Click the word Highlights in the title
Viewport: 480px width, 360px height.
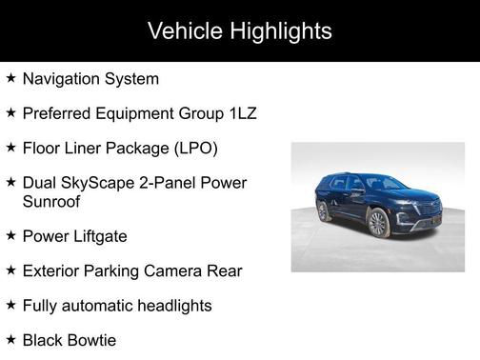click(278, 31)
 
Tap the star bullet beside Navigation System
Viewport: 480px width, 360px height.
click(10, 78)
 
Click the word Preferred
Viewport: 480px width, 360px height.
click(59, 114)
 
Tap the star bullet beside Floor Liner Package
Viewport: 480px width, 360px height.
click(10, 148)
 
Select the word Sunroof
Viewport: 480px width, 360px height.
click(53, 201)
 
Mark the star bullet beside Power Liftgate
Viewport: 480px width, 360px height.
click(10, 235)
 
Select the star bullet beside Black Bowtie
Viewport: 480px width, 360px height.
click(10, 338)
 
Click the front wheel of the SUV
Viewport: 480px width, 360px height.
click(378, 224)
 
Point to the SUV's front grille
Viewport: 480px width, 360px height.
click(425, 217)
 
